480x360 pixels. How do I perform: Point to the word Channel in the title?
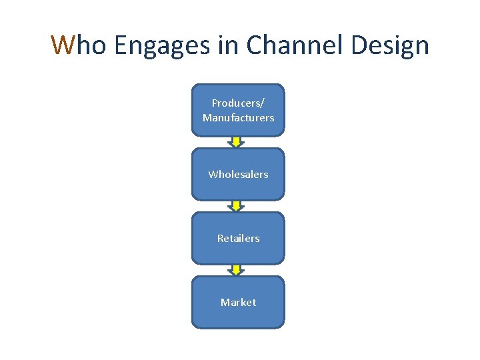[291, 45]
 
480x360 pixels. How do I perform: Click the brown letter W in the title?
[63, 45]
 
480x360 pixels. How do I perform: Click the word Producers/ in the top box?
[238, 103]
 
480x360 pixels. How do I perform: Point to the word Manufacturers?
[238, 117]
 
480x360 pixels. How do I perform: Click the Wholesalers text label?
[238, 174]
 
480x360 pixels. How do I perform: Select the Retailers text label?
[238, 238]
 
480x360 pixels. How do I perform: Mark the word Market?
[238, 302]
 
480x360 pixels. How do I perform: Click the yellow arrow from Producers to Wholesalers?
[236, 142]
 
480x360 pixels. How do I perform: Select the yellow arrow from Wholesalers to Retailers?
[236, 206]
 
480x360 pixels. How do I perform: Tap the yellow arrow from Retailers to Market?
[236, 270]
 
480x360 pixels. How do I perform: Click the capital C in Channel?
[255, 45]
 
